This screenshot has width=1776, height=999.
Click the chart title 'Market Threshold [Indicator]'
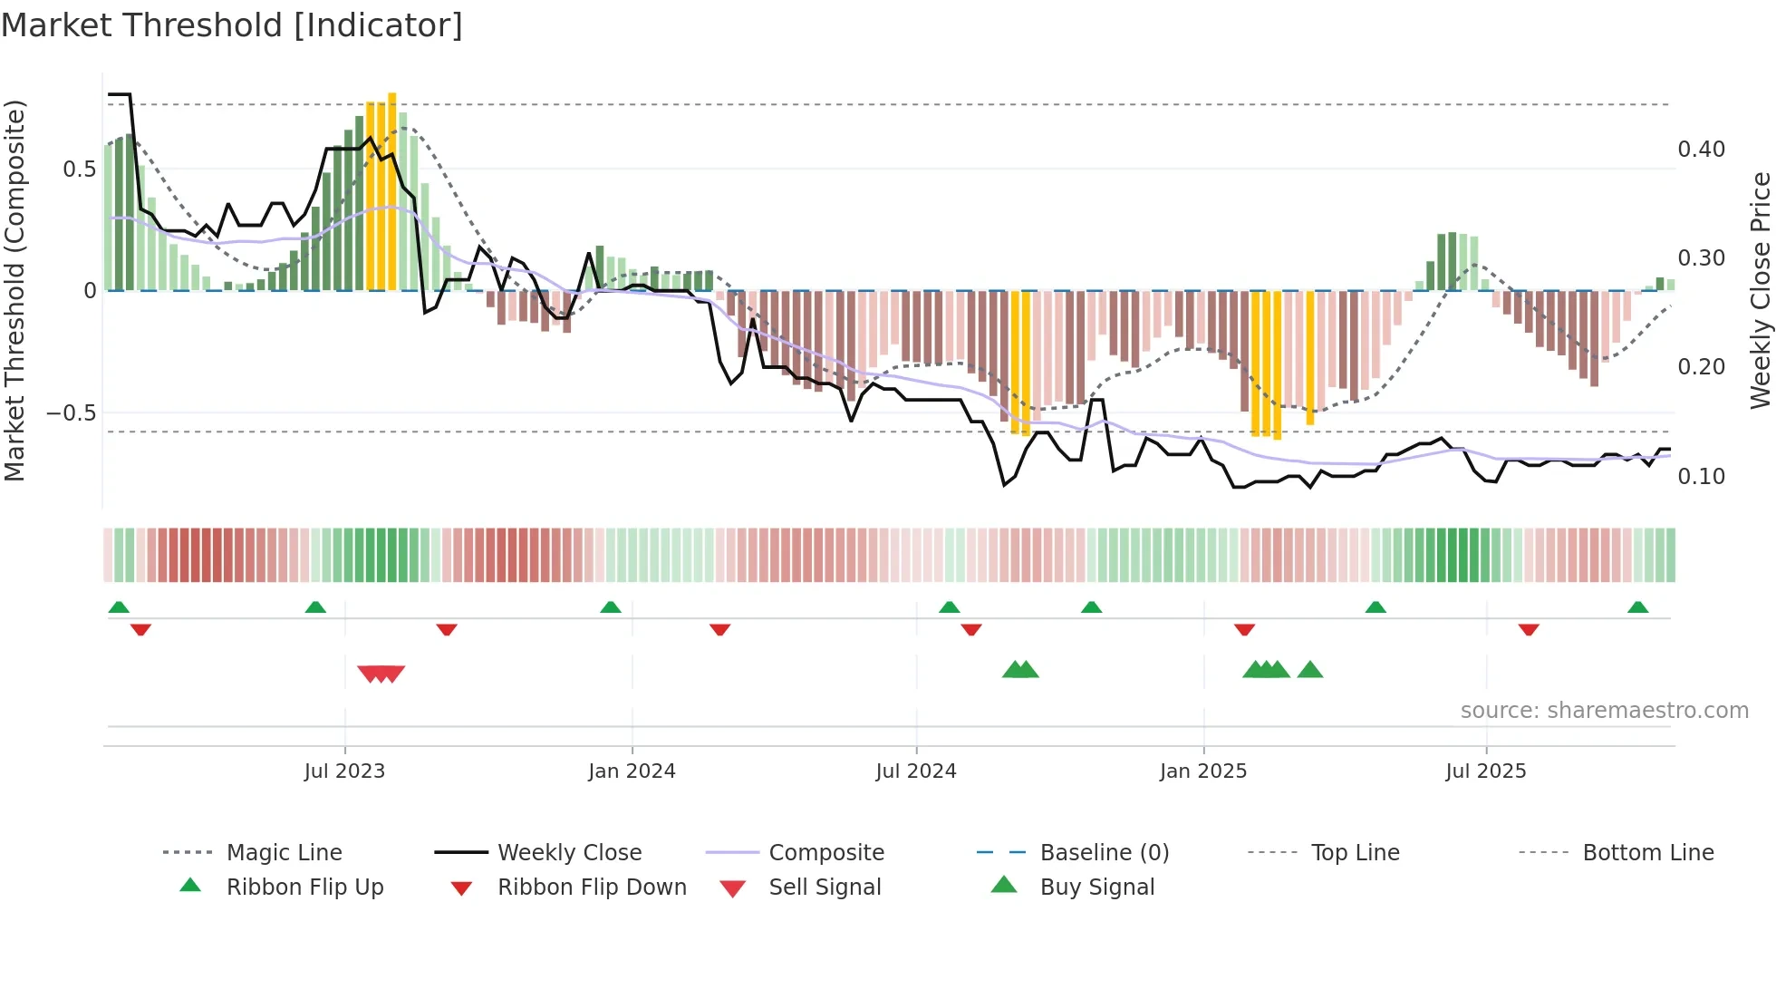(232, 25)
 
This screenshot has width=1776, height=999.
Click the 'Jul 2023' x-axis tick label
(344, 771)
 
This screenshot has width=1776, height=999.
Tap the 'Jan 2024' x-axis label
(632, 771)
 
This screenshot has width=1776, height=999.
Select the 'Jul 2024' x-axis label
(916, 771)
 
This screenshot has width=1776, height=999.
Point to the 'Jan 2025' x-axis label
(1203, 771)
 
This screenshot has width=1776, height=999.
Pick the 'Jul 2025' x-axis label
(1486, 771)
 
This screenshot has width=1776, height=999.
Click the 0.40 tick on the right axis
(1701, 150)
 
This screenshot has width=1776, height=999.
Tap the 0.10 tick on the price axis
(1701, 477)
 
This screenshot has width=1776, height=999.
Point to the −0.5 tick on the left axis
(72, 413)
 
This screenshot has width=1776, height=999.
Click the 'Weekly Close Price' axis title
(1760, 290)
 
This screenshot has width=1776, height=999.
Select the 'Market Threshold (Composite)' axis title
(14, 290)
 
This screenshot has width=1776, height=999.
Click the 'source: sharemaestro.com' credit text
(1604, 711)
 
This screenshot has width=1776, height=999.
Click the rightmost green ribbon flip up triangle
(1637, 607)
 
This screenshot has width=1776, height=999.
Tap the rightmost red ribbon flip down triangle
(1529, 629)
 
